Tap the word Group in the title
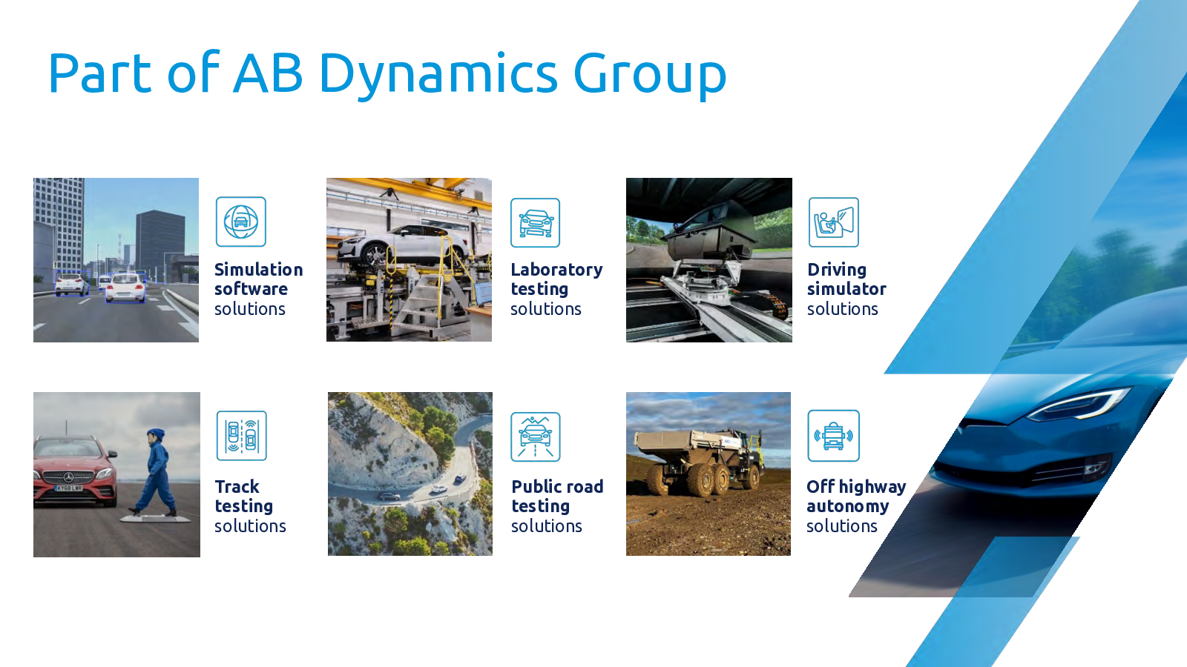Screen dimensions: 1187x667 pos(650,76)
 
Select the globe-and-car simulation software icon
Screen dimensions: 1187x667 pos(241,222)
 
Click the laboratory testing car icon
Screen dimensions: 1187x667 pos(535,223)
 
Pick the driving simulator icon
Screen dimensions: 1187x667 pos(834,222)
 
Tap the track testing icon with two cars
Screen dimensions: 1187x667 pos(242,436)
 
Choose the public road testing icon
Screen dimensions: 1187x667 pos(535,437)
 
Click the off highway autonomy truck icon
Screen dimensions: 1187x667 pos(834,436)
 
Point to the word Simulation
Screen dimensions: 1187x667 pos(259,270)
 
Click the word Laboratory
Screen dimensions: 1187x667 pos(556,270)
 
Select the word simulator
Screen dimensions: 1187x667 pos(846,289)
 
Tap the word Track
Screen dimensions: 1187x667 pos(237,486)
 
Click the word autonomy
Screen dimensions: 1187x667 pos(847,507)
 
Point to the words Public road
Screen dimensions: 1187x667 pos(557,486)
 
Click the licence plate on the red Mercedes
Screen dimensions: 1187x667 pos(69,488)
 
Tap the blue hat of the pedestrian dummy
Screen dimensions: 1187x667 pos(157,434)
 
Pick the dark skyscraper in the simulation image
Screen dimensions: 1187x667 pos(160,240)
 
